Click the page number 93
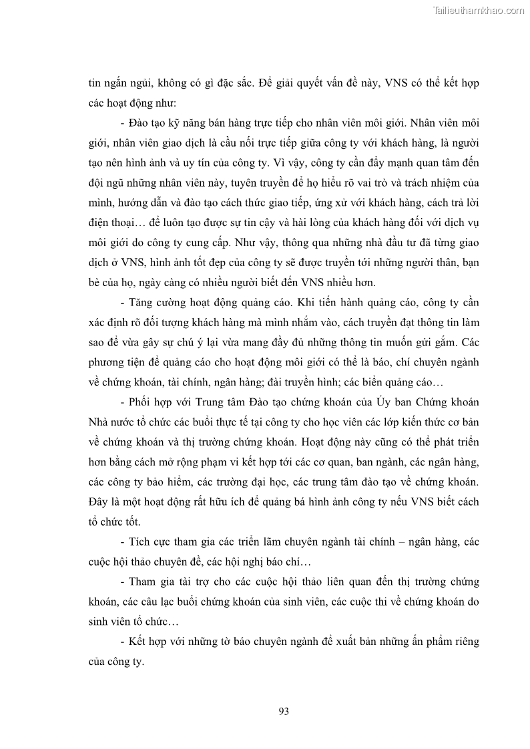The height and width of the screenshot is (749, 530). pos(283,711)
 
